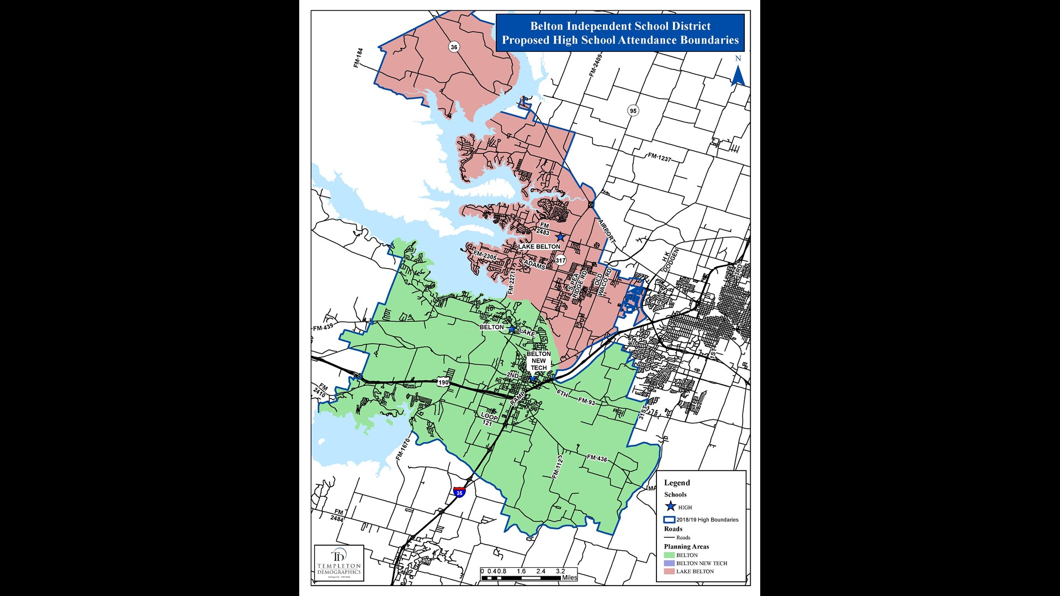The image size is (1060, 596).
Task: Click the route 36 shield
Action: click(454, 47)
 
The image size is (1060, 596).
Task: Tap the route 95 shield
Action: click(633, 110)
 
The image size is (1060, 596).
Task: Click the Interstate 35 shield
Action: click(459, 492)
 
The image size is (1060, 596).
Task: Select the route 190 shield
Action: click(443, 382)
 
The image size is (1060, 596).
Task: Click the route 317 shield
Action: click(560, 260)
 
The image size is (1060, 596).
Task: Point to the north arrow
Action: click(738, 72)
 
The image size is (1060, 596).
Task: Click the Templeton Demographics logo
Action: click(339, 562)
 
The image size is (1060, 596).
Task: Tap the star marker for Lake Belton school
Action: click(560, 237)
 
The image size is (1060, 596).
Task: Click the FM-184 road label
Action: click(359, 58)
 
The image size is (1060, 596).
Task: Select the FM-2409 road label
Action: click(595, 65)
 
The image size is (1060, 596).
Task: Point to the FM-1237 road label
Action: click(659, 157)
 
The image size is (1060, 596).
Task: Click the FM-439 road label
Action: click(323, 327)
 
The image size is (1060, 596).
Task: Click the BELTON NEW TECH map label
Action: click(538, 361)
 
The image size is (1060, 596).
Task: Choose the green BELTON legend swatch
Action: click(669, 555)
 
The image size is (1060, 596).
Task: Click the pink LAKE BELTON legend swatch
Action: click(669, 571)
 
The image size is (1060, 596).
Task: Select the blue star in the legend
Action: click(670, 507)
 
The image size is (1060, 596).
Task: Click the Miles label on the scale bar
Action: click(569, 577)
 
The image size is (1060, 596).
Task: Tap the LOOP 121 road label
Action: click(489, 419)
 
